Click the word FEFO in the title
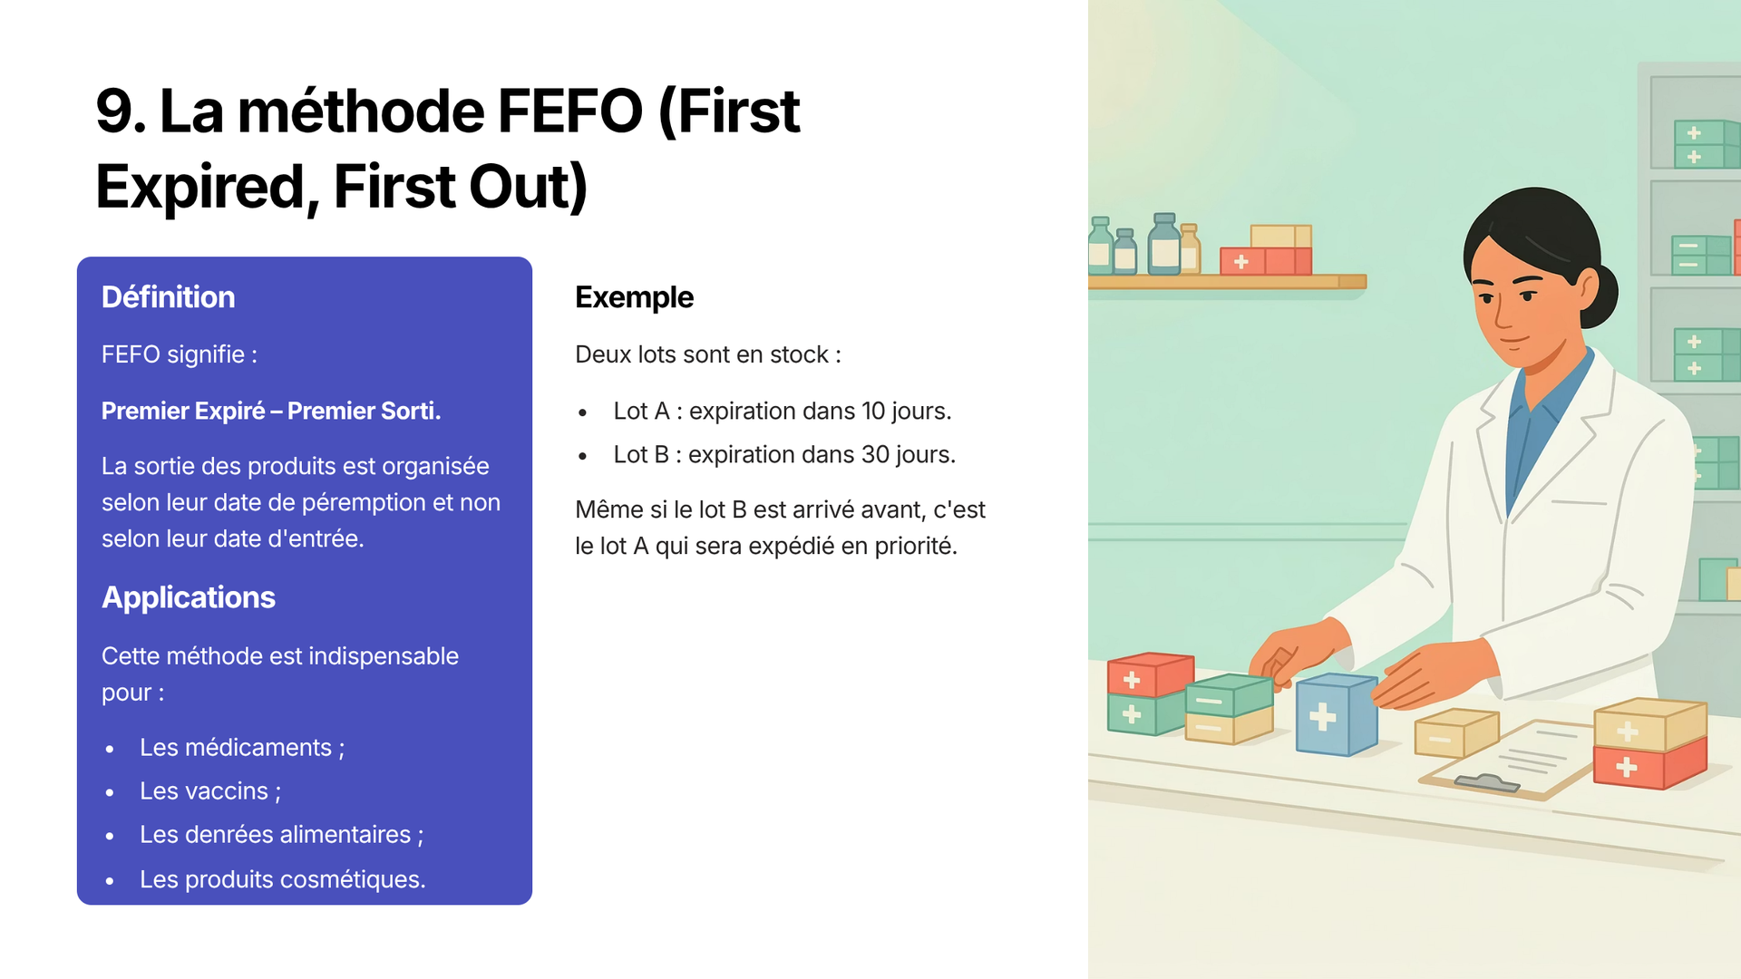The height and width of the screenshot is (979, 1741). [570, 111]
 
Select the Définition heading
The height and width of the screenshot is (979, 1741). [168, 297]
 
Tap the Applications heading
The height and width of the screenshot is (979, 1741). [189, 597]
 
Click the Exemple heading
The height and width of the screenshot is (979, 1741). [635, 297]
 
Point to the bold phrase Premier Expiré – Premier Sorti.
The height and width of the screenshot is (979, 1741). [271, 411]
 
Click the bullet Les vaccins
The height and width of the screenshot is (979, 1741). [210, 791]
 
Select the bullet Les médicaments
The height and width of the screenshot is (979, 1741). [242, 748]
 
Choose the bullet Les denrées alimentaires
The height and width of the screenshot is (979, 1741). [281, 835]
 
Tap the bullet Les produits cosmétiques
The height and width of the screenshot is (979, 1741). [282, 879]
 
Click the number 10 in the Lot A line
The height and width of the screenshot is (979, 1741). [873, 411]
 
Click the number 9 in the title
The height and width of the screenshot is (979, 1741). [114, 111]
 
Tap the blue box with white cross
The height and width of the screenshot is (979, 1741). [1337, 714]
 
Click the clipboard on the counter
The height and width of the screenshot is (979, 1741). [1510, 760]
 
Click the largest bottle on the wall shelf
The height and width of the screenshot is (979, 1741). [1164, 244]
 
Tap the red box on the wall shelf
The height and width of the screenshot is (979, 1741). [1266, 261]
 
